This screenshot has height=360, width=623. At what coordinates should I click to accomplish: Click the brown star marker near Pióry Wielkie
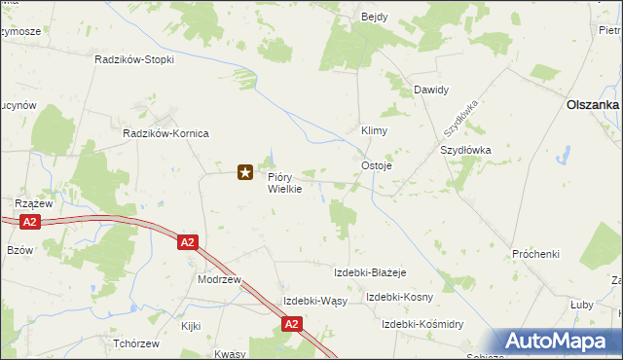(x=245, y=173)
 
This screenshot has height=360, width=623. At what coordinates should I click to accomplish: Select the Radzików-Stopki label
(x=134, y=59)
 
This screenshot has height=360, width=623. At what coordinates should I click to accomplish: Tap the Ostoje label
(x=377, y=165)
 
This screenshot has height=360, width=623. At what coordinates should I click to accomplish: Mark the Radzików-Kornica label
(x=165, y=133)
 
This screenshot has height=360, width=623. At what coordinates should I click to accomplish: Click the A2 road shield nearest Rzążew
(x=30, y=222)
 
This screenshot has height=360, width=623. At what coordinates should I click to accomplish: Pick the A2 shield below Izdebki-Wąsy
(x=291, y=324)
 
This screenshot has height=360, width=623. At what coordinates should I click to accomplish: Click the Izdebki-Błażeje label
(x=369, y=272)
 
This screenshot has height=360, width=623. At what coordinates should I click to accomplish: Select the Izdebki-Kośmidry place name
(x=421, y=324)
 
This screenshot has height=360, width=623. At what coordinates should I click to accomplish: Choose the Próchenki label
(x=535, y=255)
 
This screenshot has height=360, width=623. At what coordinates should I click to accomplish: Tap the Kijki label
(x=190, y=326)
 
